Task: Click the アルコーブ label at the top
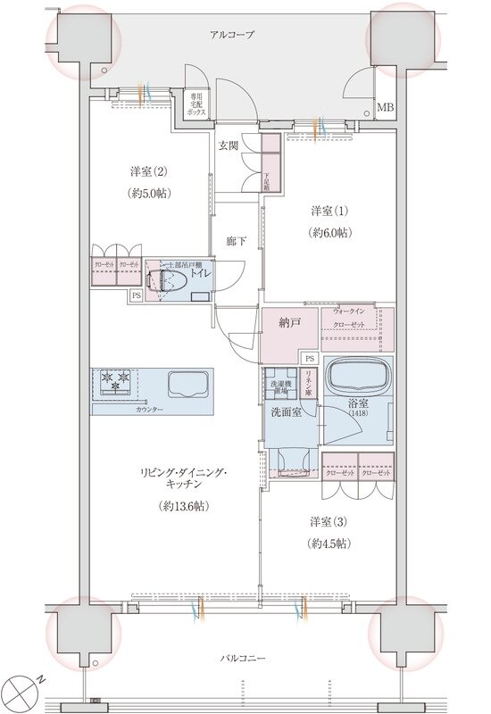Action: click(232, 35)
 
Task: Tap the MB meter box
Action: click(385, 109)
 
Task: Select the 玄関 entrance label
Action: click(228, 145)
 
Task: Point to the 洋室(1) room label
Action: click(329, 212)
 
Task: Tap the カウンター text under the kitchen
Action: click(149, 409)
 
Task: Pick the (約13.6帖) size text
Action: click(183, 506)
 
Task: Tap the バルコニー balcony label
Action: click(244, 659)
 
